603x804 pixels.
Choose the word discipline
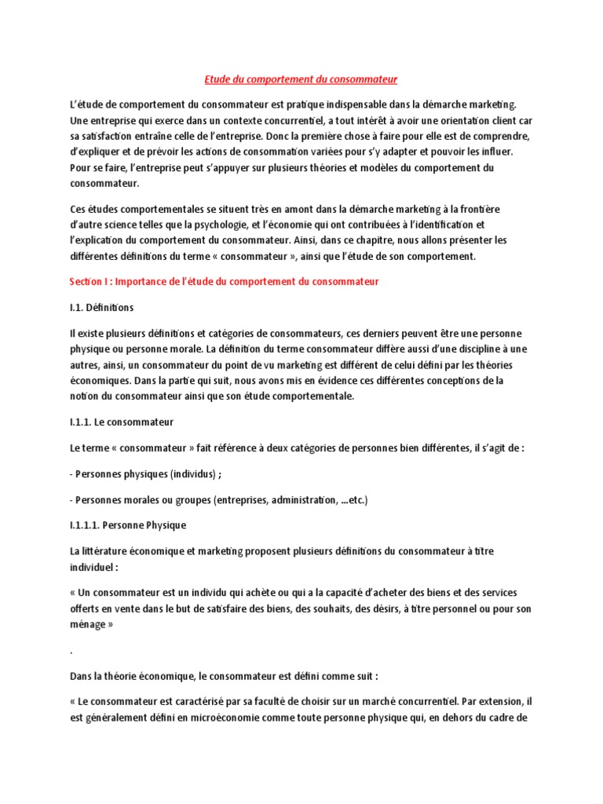pyautogui.click(x=457, y=349)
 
